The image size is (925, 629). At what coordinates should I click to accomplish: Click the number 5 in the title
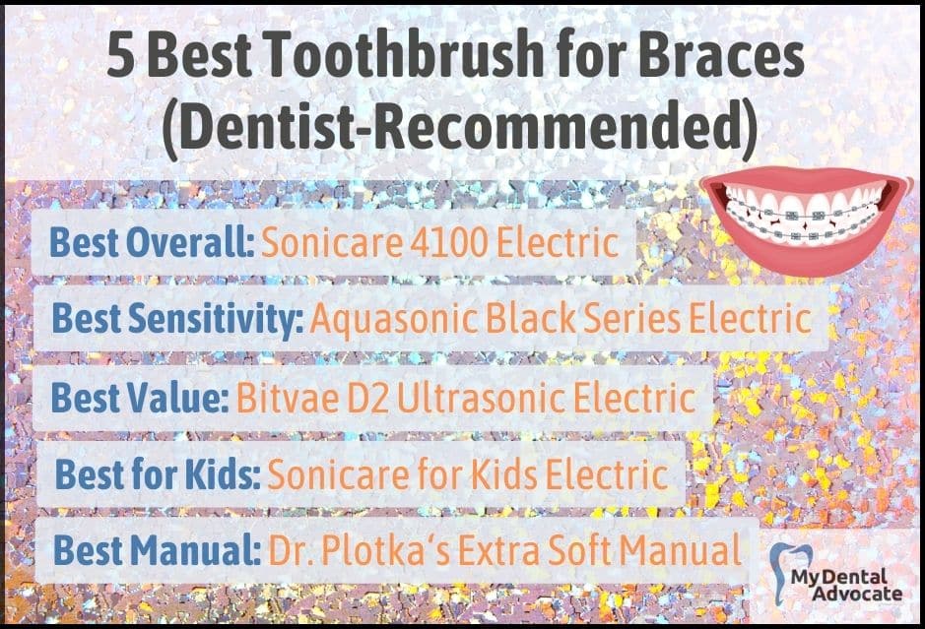coord(121,54)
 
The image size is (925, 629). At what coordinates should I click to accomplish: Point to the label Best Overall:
coord(152,242)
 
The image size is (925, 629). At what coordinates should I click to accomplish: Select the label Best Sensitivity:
coord(177,319)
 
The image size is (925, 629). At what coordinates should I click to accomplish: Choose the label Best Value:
coord(140,398)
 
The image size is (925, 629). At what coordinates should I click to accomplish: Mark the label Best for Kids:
coord(158,473)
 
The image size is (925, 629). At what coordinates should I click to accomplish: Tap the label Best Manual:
coord(158,550)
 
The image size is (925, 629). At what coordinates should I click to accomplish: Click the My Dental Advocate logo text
coord(847,584)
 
